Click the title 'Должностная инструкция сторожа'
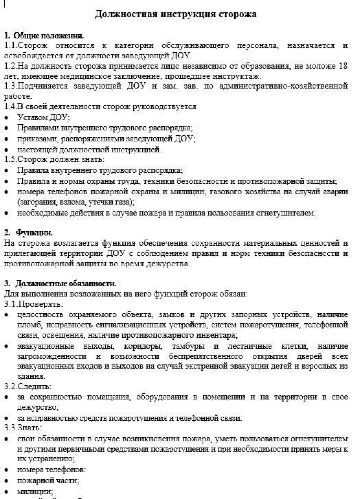[x=176, y=14]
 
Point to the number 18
[x=343, y=66]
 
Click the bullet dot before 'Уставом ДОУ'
[x=7, y=118]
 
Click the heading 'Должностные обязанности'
[x=66, y=283]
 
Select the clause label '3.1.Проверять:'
[x=34, y=304]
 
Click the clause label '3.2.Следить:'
[x=28, y=386]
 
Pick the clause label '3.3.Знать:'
[x=23, y=428]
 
